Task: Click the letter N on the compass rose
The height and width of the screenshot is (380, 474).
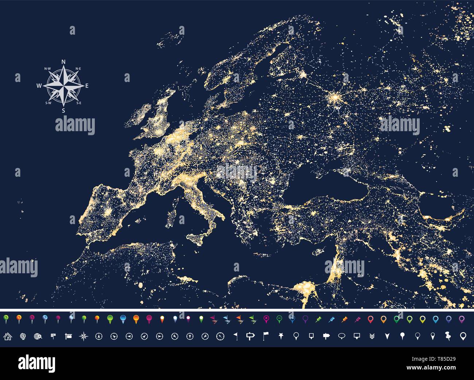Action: point(63,62)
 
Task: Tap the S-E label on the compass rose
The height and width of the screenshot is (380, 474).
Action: point(79,103)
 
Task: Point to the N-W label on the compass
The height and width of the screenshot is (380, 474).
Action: point(47,68)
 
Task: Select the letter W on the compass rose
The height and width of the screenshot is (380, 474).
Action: point(39,86)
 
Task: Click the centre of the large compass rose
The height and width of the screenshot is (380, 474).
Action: point(63,86)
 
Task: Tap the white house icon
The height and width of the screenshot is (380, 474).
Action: point(7,336)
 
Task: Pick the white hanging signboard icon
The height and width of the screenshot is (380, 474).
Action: point(68,336)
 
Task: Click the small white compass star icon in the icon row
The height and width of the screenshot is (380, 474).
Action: point(83,336)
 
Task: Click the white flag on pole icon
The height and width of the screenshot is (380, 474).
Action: point(265,336)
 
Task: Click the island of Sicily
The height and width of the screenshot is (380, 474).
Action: point(199,239)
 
